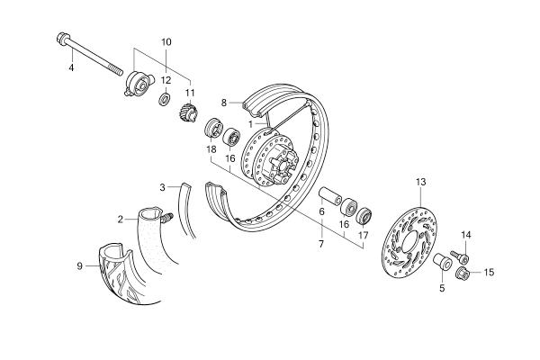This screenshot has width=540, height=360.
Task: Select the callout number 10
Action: click(x=166, y=42)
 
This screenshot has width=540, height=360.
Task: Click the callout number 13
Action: click(x=419, y=182)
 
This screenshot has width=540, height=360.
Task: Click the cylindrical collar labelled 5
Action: click(x=441, y=264)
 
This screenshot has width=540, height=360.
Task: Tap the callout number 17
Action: click(x=364, y=236)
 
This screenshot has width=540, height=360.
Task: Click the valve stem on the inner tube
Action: click(x=166, y=216)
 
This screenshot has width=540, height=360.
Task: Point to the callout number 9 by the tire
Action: click(x=80, y=265)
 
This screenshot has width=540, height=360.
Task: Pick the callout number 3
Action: click(x=163, y=187)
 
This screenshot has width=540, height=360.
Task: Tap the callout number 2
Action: click(x=120, y=218)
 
